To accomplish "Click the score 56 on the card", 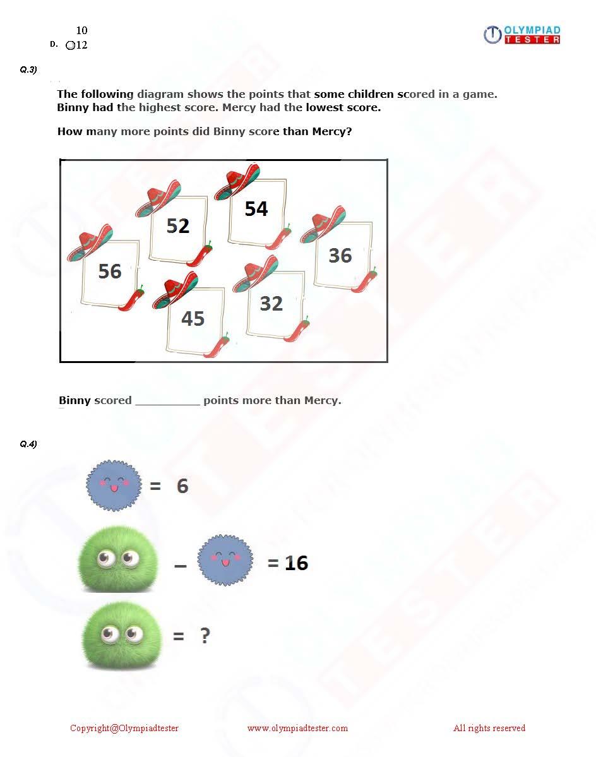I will point(110,271).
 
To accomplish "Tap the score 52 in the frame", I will point(178,226).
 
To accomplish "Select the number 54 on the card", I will point(256,209).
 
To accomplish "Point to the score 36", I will point(340,256).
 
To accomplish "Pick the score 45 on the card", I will point(193,319).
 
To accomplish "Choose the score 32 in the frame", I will point(271,304).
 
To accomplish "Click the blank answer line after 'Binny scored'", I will point(167,401).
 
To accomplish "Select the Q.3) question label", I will point(28,70).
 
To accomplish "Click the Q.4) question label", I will point(28,444).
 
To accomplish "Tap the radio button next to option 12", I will point(70,45).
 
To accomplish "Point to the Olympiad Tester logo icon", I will point(492,35).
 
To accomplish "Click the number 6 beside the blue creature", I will point(182,486).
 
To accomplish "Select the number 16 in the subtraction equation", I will point(296,563).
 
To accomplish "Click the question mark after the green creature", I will point(205,636).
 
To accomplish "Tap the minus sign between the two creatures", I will point(181,566).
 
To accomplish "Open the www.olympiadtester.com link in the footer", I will point(297,729).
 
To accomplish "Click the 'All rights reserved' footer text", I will point(489,729).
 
